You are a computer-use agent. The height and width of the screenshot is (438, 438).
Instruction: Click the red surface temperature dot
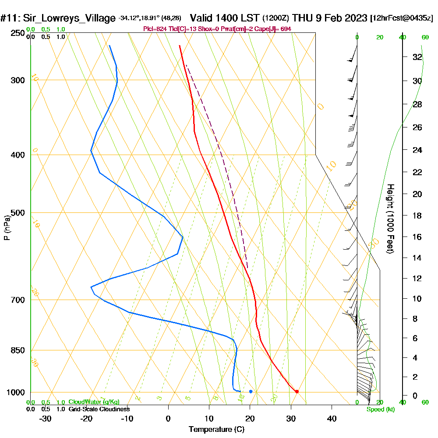point(297,392)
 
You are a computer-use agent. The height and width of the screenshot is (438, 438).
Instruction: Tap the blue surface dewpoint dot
point(251,391)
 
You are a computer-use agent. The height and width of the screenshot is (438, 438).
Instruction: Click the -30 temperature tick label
point(46,418)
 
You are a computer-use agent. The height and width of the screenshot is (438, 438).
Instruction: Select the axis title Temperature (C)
point(216,429)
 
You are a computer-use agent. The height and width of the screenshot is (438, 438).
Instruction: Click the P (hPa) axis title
point(7,227)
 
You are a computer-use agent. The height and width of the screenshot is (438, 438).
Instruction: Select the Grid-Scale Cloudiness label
point(99,409)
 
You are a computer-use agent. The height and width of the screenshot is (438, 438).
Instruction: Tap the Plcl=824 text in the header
point(155,29)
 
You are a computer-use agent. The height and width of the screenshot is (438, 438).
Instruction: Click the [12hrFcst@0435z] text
point(401,18)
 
